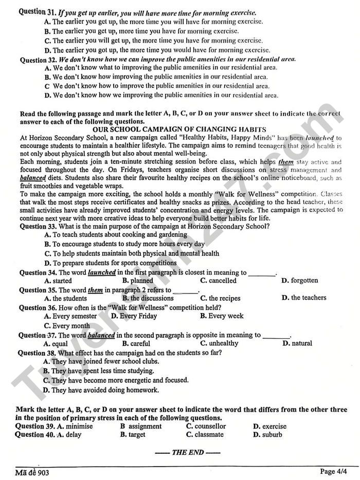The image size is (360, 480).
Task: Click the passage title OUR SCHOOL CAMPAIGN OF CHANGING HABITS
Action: (179, 130)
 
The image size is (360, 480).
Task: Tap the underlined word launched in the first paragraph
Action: (320, 138)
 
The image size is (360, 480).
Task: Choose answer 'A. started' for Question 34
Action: (58, 281)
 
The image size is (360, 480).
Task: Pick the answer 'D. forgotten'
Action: (299, 281)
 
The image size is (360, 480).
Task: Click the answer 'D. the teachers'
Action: (308, 298)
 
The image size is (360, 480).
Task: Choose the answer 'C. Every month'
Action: (67, 325)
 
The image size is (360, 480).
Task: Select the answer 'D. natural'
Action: (298, 343)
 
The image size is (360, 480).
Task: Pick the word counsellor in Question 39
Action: (206, 426)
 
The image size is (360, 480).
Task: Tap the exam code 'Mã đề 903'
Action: (32, 472)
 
